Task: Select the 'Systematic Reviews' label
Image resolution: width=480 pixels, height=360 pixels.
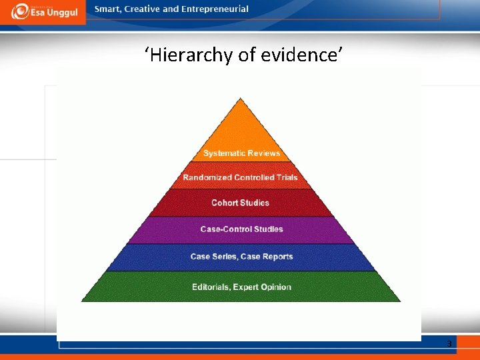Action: click(x=241, y=153)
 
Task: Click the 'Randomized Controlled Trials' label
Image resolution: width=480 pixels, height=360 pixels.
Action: click(x=240, y=177)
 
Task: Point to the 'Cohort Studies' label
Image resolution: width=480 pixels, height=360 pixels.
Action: click(x=240, y=203)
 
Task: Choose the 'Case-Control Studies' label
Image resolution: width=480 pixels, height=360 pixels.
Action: click(x=241, y=229)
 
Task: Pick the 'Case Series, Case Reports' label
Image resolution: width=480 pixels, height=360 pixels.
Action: click(x=241, y=257)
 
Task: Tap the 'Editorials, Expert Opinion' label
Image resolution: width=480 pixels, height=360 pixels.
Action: click(x=241, y=287)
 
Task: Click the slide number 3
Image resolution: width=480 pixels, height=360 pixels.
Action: click(x=449, y=344)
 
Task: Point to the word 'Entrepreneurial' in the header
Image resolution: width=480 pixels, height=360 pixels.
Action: click(x=216, y=9)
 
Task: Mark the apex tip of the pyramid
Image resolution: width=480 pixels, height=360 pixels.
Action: click(x=241, y=99)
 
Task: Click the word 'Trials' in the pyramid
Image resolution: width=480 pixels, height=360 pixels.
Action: click(x=285, y=177)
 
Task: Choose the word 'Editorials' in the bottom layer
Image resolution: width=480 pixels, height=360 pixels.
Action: click(x=210, y=287)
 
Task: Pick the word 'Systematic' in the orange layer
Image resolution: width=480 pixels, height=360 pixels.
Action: click(x=224, y=153)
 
